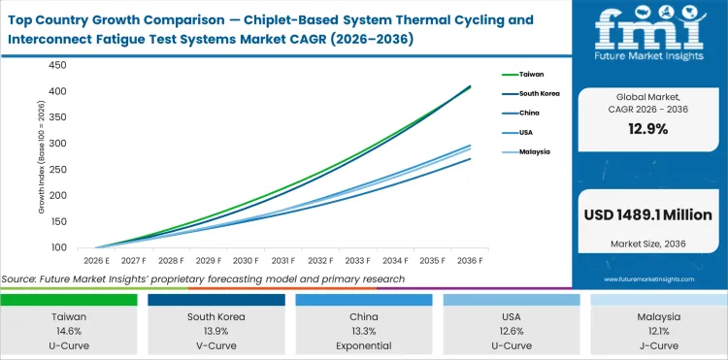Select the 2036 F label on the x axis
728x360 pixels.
point(471,261)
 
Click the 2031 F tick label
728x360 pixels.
point(282,261)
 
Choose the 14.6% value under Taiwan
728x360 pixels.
point(68,330)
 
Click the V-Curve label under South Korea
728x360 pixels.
point(215,344)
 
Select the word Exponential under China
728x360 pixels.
point(364,344)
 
